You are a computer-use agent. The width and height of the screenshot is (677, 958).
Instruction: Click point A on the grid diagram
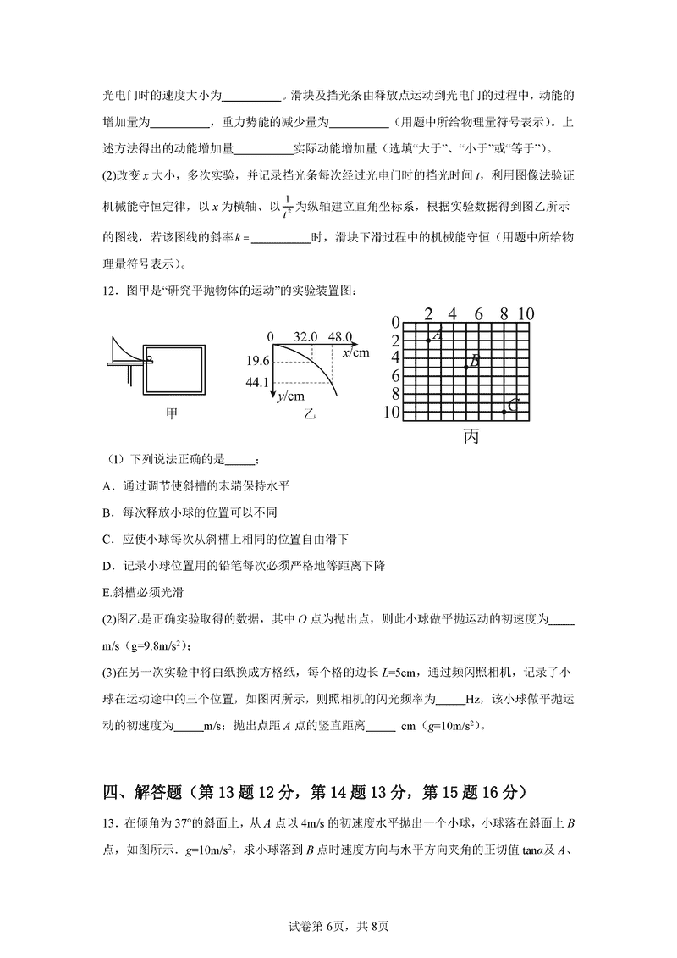tap(428, 341)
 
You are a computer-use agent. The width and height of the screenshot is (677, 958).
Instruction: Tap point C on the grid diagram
tap(504, 412)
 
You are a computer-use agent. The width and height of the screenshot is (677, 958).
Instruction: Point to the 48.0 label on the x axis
tap(340, 336)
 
